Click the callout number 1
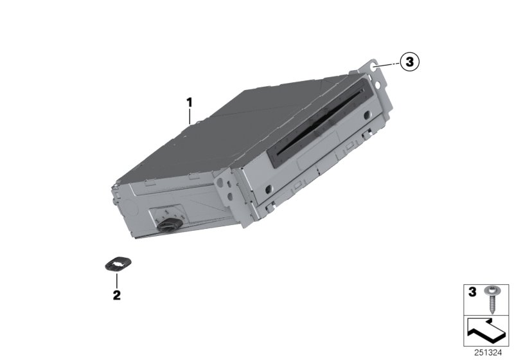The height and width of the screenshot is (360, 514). [190, 103]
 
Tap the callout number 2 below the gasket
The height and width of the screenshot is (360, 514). [117, 295]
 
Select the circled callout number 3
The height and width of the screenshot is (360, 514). [409, 61]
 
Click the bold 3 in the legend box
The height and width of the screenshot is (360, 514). [472, 292]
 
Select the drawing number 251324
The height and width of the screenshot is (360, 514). [488, 353]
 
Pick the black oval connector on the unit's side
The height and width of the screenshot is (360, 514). [170, 225]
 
